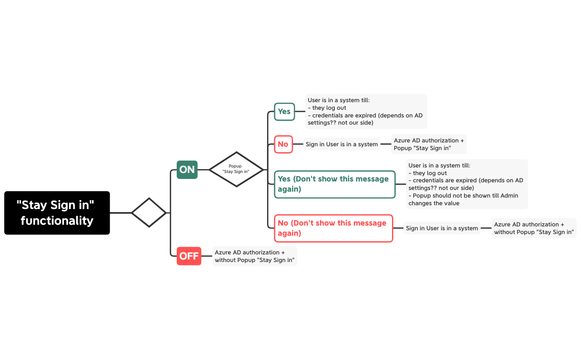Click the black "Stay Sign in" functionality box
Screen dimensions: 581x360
coord(57,213)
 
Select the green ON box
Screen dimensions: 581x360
coord(187,170)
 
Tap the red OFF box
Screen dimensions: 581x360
coord(189,256)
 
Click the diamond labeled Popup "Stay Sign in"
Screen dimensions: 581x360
coord(236,169)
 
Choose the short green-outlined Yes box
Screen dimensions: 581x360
coord(284,112)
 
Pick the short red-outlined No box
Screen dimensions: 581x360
coord(283,144)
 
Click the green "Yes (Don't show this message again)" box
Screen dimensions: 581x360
coord(335,184)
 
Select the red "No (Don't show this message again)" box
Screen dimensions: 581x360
coord(334,229)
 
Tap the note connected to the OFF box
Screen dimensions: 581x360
coord(255,256)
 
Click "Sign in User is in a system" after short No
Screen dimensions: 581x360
coord(342,144)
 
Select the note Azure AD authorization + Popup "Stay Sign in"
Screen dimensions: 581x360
coord(429,144)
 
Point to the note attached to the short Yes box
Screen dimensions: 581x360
coord(366,112)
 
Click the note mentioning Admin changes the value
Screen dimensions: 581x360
coord(467,184)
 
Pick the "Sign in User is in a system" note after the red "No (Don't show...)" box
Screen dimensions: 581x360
coord(442,229)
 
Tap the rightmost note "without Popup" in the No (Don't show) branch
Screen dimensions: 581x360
coord(534,229)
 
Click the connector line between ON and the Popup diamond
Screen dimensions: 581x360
coord(203,170)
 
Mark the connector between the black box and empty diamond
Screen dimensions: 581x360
coord(121,213)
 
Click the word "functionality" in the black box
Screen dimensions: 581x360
coord(57,221)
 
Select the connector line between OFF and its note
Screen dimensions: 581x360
coord(207,256)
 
